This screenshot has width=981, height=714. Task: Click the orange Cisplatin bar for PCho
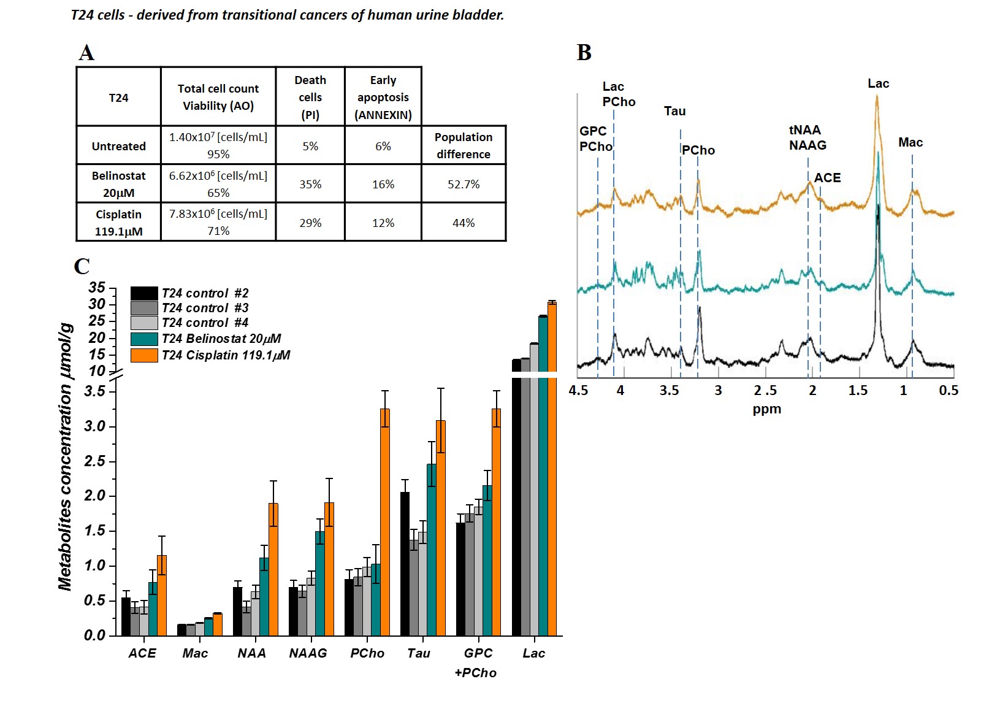(x=385, y=521)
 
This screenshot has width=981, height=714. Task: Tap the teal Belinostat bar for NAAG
(x=320, y=583)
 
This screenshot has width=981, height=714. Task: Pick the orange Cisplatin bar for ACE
(x=162, y=595)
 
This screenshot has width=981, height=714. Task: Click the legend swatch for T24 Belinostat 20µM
(x=144, y=339)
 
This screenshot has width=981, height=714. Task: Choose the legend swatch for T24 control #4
(x=144, y=323)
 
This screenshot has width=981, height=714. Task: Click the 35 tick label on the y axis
(x=96, y=288)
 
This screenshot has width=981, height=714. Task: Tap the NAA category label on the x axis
(x=251, y=653)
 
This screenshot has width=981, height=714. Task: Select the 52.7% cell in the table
(x=464, y=184)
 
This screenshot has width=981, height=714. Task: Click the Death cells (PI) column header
(x=310, y=97)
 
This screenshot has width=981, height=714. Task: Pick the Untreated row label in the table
(x=118, y=146)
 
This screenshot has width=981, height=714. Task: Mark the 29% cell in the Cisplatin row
(x=310, y=223)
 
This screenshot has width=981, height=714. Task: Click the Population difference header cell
(x=464, y=145)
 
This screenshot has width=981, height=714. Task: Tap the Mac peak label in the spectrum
(x=910, y=142)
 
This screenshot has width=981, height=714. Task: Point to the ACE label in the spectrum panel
(x=827, y=178)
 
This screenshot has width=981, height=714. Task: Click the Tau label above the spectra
(x=674, y=111)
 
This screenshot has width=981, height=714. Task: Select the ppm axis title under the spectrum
(x=766, y=409)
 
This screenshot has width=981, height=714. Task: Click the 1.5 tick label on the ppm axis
(x=858, y=391)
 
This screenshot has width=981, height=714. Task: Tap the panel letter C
(x=82, y=266)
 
